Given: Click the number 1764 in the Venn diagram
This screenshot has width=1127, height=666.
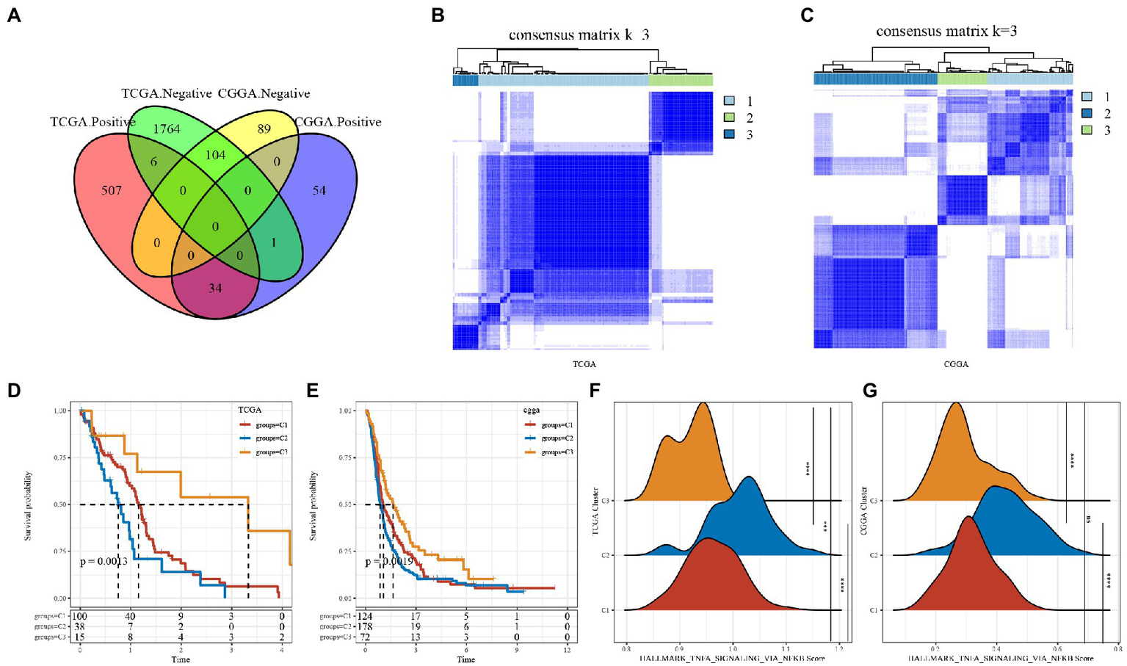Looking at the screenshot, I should coord(167,129).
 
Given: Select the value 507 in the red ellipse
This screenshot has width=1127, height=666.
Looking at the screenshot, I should coord(112,190).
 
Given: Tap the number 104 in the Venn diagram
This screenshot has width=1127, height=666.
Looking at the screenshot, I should coord(215,155).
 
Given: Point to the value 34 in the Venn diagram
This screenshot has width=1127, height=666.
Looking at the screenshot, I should coord(214,288).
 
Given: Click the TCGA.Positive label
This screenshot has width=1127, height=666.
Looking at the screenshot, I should coord(92,122).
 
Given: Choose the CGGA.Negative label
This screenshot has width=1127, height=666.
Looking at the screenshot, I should coord(264,94).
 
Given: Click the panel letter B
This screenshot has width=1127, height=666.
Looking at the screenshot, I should coord(438,15).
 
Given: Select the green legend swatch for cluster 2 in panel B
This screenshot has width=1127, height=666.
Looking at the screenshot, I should coord(729,117).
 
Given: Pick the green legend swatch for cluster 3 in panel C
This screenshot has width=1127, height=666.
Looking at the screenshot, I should coord(1087,130).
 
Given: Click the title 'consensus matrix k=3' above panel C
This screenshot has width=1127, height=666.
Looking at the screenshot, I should coord(946,32).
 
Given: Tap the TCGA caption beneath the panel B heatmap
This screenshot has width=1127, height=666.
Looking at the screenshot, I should coord(584,363).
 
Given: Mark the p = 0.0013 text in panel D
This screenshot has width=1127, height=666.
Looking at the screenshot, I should coord(104,562).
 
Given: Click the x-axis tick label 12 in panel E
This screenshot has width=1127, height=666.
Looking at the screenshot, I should coord(566,651).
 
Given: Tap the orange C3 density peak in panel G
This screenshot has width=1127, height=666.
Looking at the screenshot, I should coord(955,405).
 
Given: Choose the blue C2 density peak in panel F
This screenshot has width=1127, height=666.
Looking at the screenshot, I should coord(749,479).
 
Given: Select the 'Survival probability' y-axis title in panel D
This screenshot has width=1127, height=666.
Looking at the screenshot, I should coord(28,506).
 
